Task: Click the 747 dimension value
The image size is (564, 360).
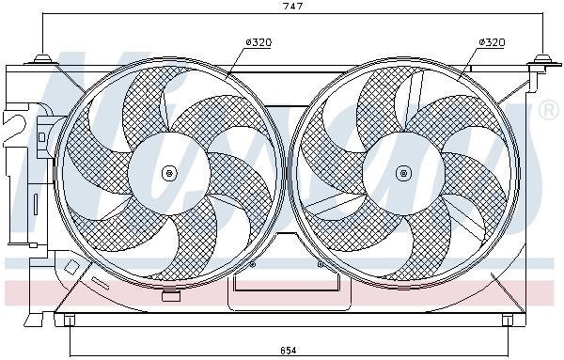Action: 294,7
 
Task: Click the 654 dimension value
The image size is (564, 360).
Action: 289,351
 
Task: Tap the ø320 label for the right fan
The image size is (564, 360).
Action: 491,42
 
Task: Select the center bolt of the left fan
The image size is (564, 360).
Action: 169,172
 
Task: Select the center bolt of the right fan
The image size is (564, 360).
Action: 404,172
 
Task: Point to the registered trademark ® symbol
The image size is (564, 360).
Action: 548,113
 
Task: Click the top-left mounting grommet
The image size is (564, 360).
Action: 41,61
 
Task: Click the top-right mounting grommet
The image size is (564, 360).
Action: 541,62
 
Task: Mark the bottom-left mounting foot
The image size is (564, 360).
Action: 69,321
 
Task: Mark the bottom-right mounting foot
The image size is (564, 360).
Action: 509,321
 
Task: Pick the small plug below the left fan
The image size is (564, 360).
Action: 170,297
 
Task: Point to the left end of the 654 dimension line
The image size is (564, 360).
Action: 69,342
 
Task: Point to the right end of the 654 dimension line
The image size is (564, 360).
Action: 509,342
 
